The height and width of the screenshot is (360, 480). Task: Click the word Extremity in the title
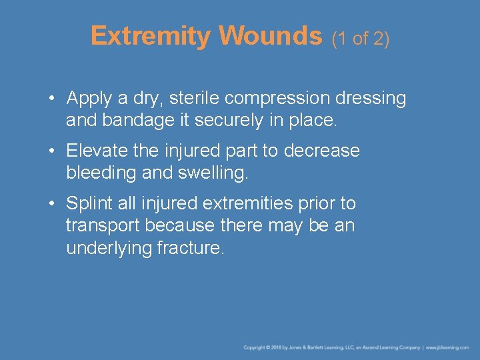tap(150, 36)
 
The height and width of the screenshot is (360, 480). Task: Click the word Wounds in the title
tap(270, 36)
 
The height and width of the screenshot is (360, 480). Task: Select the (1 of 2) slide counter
tap(361, 39)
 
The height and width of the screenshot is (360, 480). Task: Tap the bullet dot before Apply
tap(51, 99)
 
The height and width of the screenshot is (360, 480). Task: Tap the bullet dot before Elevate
tap(51, 151)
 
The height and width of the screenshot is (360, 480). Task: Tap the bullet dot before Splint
tap(51, 203)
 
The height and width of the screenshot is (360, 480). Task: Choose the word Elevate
tap(97, 151)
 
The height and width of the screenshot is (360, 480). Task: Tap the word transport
tap(103, 225)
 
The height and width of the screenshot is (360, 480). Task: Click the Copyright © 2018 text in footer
tap(264, 347)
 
